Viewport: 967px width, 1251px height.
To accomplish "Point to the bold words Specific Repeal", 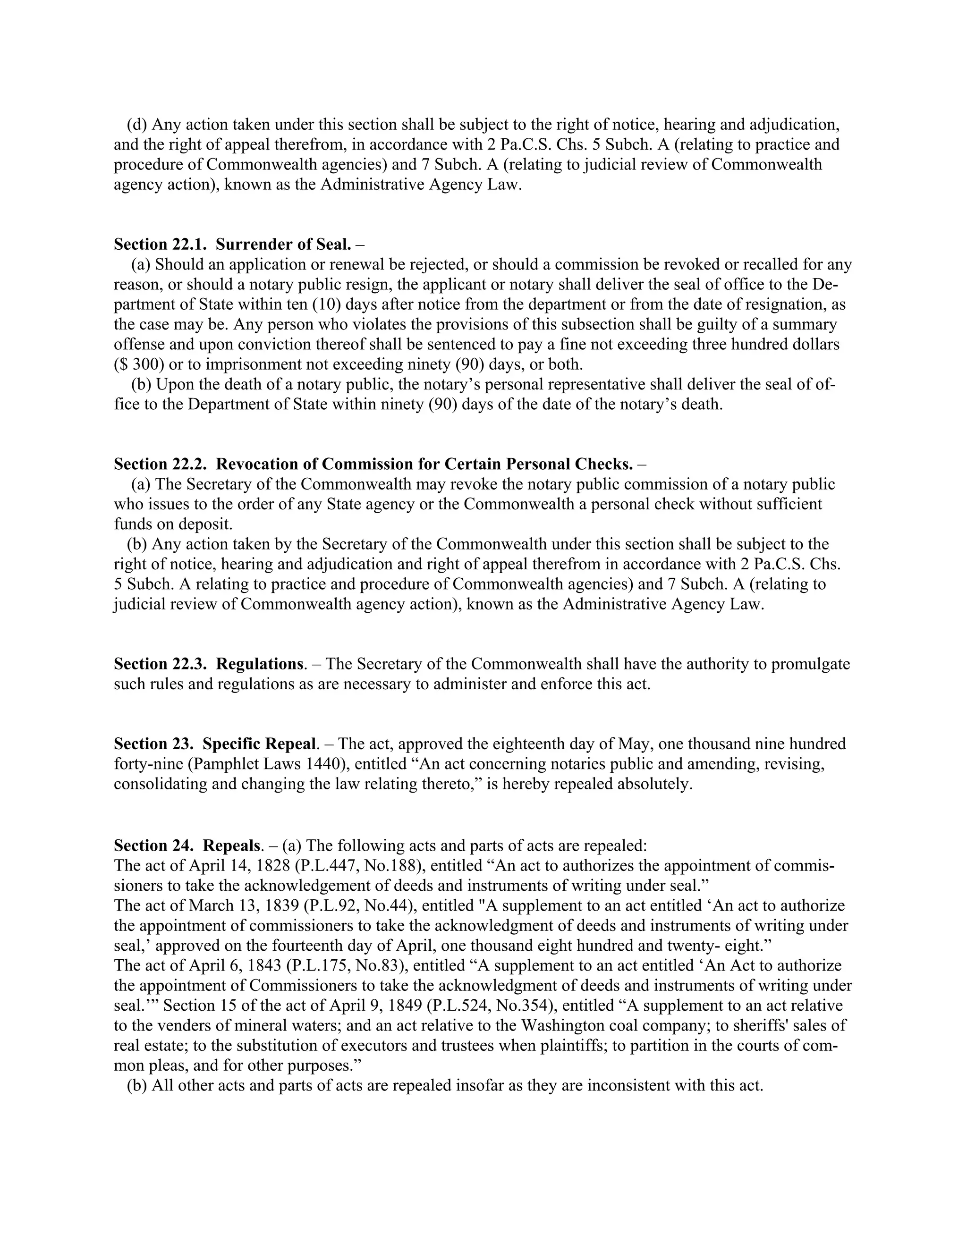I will coord(259,744).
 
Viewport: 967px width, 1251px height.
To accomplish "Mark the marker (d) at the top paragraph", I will coord(136,124).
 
